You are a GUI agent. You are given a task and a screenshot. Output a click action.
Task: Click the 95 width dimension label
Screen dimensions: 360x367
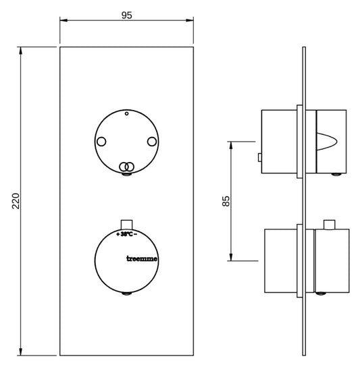[x=127, y=16]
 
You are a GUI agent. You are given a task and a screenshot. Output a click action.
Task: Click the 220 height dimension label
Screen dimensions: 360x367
[x=16, y=201]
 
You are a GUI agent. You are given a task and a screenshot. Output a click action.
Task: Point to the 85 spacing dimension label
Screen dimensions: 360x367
[x=226, y=201]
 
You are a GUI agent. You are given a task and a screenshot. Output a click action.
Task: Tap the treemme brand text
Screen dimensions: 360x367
[x=142, y=258]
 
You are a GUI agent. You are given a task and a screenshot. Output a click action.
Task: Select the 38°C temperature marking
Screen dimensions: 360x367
[x=127, y=234]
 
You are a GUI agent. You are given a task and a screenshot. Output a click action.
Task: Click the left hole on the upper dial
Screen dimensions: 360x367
[x=101, y=142]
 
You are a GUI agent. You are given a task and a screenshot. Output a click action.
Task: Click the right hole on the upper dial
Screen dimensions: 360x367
[x=152, y=142]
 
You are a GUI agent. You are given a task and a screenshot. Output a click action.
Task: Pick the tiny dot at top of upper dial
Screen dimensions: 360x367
[x=126, y=114]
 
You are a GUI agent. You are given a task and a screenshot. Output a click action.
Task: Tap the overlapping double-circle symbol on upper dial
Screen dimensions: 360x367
[x=126, y=167]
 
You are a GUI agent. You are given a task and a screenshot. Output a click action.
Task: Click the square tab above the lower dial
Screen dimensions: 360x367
[x=126, y=225]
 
